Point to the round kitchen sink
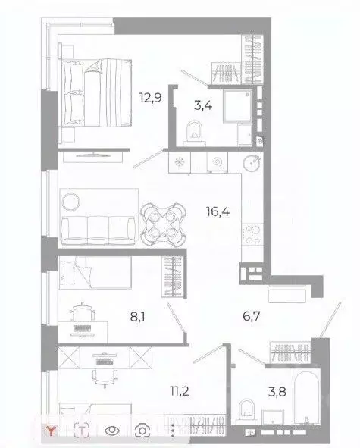click(x=252, y=162)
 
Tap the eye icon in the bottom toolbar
click(x=112, y=431)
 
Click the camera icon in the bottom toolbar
click(x=142, y=431)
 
